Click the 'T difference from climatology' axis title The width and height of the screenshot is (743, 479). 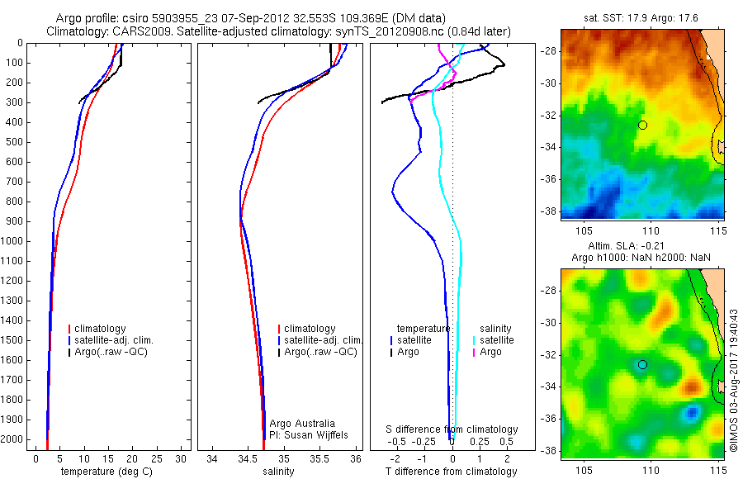(451, 471)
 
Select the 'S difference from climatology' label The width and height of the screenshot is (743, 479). (452, 429)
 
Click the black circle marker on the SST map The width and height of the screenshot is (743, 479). (642, 125)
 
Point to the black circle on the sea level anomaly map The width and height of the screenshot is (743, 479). (642, 364)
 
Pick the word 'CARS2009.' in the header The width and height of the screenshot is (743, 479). (137, 31)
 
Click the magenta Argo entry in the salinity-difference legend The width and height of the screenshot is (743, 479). (490, 352)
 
